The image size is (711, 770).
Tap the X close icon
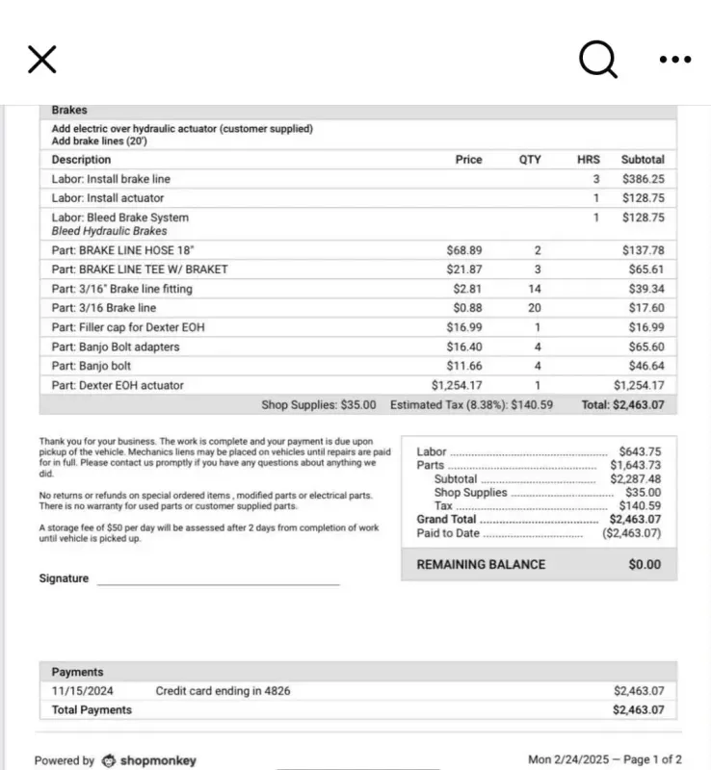(x=42, y=60)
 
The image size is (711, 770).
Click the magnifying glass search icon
(x=597, y=60)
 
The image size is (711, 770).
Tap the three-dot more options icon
(x=674, y=60)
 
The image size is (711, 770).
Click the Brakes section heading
(x=69, y=111)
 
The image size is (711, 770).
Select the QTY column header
(x=530, y=160)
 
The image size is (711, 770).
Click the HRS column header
(x=588, y=160)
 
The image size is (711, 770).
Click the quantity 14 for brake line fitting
(x=535, y=289)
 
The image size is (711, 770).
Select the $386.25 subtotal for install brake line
(x=643, y=179)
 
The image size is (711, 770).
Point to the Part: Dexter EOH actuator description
(x=118, y=385)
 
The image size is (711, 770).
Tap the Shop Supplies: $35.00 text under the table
(x=319, y=405)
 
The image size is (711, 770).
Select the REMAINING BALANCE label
(x=481, y=565)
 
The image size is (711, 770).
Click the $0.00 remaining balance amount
(x=645, y=565)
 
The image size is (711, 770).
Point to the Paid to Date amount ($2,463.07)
(x=632, y=533)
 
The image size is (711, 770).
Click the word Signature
(x=64, y=578)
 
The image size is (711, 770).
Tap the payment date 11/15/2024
(x=83, y=691)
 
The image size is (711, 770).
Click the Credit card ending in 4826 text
(x=223, y=691)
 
